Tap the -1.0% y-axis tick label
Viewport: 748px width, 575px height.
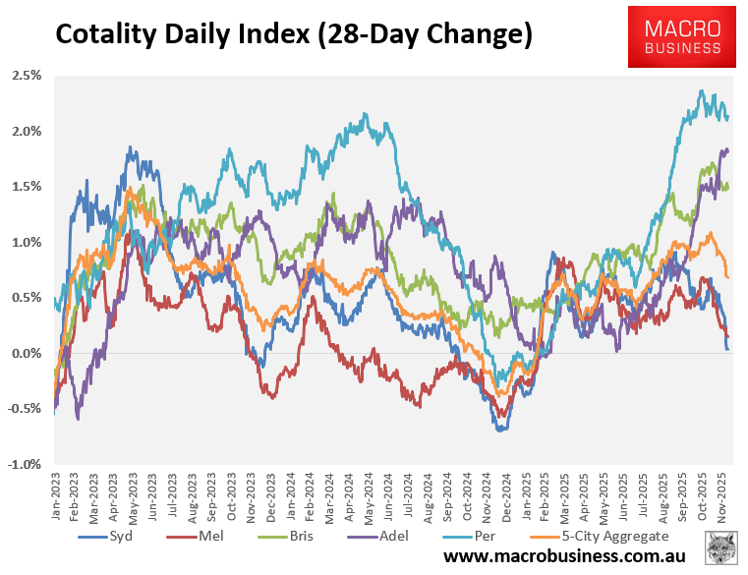[x=26, y=464]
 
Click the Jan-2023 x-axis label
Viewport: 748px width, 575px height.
[x=58, y=496]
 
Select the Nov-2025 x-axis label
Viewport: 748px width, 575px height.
[x=723, y=496]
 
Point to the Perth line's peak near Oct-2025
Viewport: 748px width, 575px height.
[x=701, y=90]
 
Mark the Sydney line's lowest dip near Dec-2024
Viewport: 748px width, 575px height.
[x=501, y=430]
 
